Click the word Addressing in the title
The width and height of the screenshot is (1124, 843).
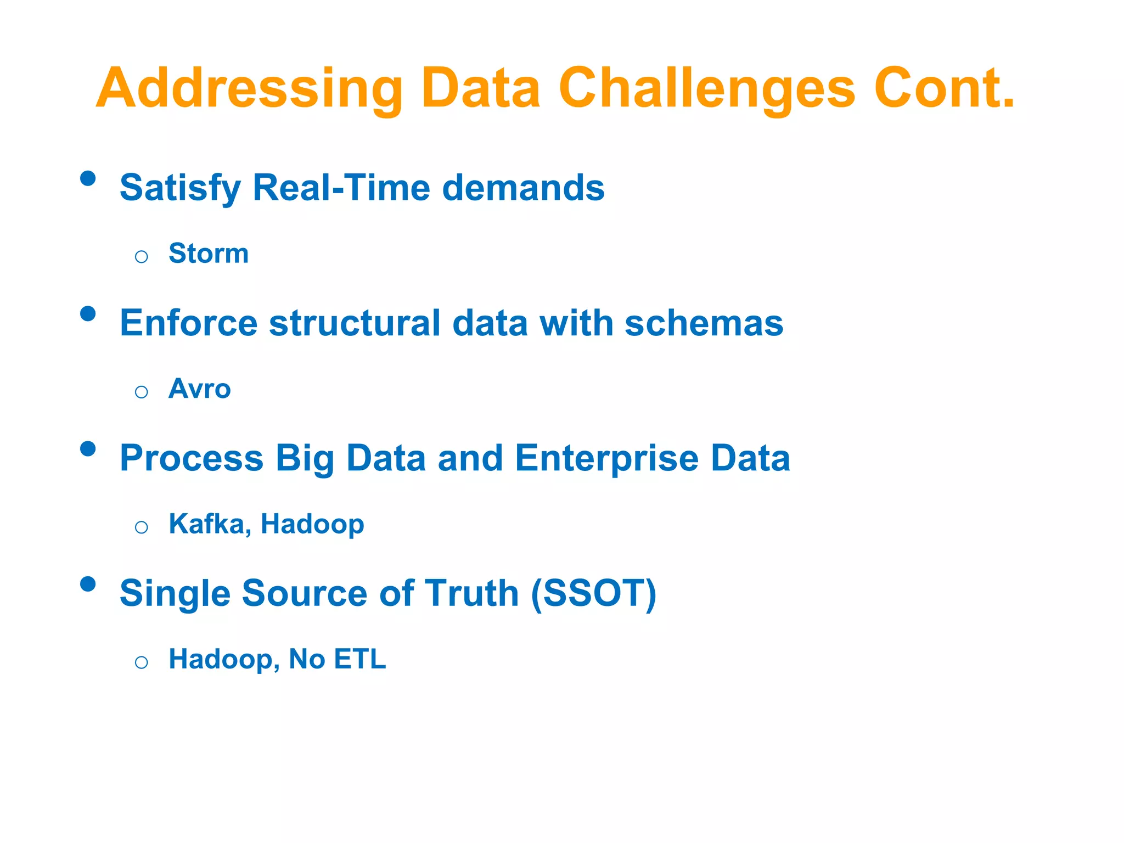pyautogui.click(x=250, y=89)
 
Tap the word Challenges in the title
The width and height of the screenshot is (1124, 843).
pyautogui.click(x=707, y=89)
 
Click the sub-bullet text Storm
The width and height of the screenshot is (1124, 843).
pyautogui.click(x=209, y=254)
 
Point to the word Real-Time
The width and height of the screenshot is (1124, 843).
pyautogui.click(x=341, y=188)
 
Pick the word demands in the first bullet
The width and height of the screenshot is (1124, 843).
pyautogui.click(x=523, y=188)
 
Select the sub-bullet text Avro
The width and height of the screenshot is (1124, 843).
pyautogui.click(x=200, y=389)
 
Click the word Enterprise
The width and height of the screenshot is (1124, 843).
pyautogui.click(x=606, y=458)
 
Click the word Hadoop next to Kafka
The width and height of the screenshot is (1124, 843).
pyautogui.click(x=312, y=525)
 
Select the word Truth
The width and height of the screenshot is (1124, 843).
pyautogui.click(x=472, y=593)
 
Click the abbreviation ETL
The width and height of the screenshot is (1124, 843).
pyautogui.click(x=360, y=659)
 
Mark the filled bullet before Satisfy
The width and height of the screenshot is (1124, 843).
pyautogui.click(x=88, y=178)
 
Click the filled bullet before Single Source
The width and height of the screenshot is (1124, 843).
pyautogui.click(x=88, y=584)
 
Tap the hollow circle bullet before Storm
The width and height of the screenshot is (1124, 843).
pyautogui.click(x=142, y=256)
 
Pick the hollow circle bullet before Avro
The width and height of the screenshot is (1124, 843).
pyautogui.click(x=142, y=392)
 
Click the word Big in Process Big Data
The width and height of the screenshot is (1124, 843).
pyautogui.click(x=305, y=459)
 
